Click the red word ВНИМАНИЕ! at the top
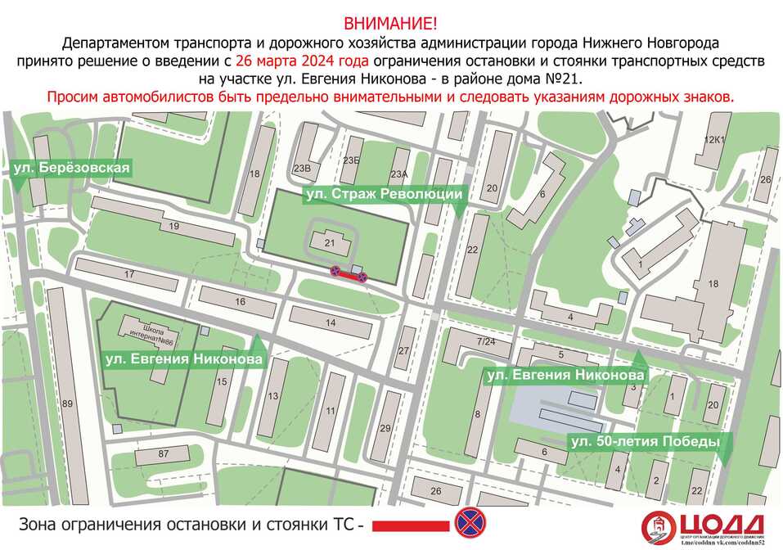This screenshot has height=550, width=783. tap(391, 22)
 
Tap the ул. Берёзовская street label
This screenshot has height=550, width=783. tap(72, 169)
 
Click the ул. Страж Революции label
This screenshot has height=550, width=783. tap(384, 194)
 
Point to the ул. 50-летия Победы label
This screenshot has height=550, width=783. tap(645, 442)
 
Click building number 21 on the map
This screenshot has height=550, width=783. tap(330, 243)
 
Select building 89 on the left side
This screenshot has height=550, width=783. tap(67, 404)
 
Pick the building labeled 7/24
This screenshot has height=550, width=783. tap(486, 341)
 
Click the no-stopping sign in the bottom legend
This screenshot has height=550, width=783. tap(469, 521)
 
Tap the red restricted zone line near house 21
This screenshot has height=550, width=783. tap(348, 277)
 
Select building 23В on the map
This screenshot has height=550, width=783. tap(304, 169)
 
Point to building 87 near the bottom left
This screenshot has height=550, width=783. tap(162, 454)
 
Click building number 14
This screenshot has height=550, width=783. tap(331, 323)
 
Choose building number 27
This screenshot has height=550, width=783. tap(403, 351)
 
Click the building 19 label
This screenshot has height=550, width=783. tap(173, 226)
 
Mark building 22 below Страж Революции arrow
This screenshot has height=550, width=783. tap(472, 250)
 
